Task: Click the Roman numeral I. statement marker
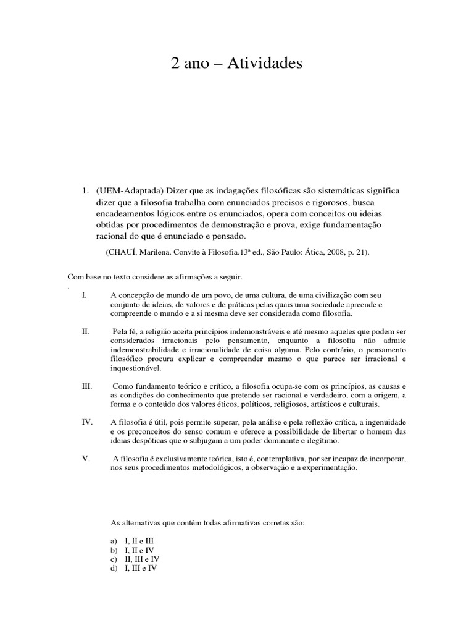coord(85,295)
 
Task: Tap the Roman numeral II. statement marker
coord(86,332)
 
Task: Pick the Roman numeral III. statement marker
coord(87,386)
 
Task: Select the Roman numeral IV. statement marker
coord(87,423)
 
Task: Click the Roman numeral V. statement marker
coord(86,459)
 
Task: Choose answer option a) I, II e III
coord(131,540)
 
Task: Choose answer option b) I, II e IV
coord(131,550)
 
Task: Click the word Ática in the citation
coord(294,252)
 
